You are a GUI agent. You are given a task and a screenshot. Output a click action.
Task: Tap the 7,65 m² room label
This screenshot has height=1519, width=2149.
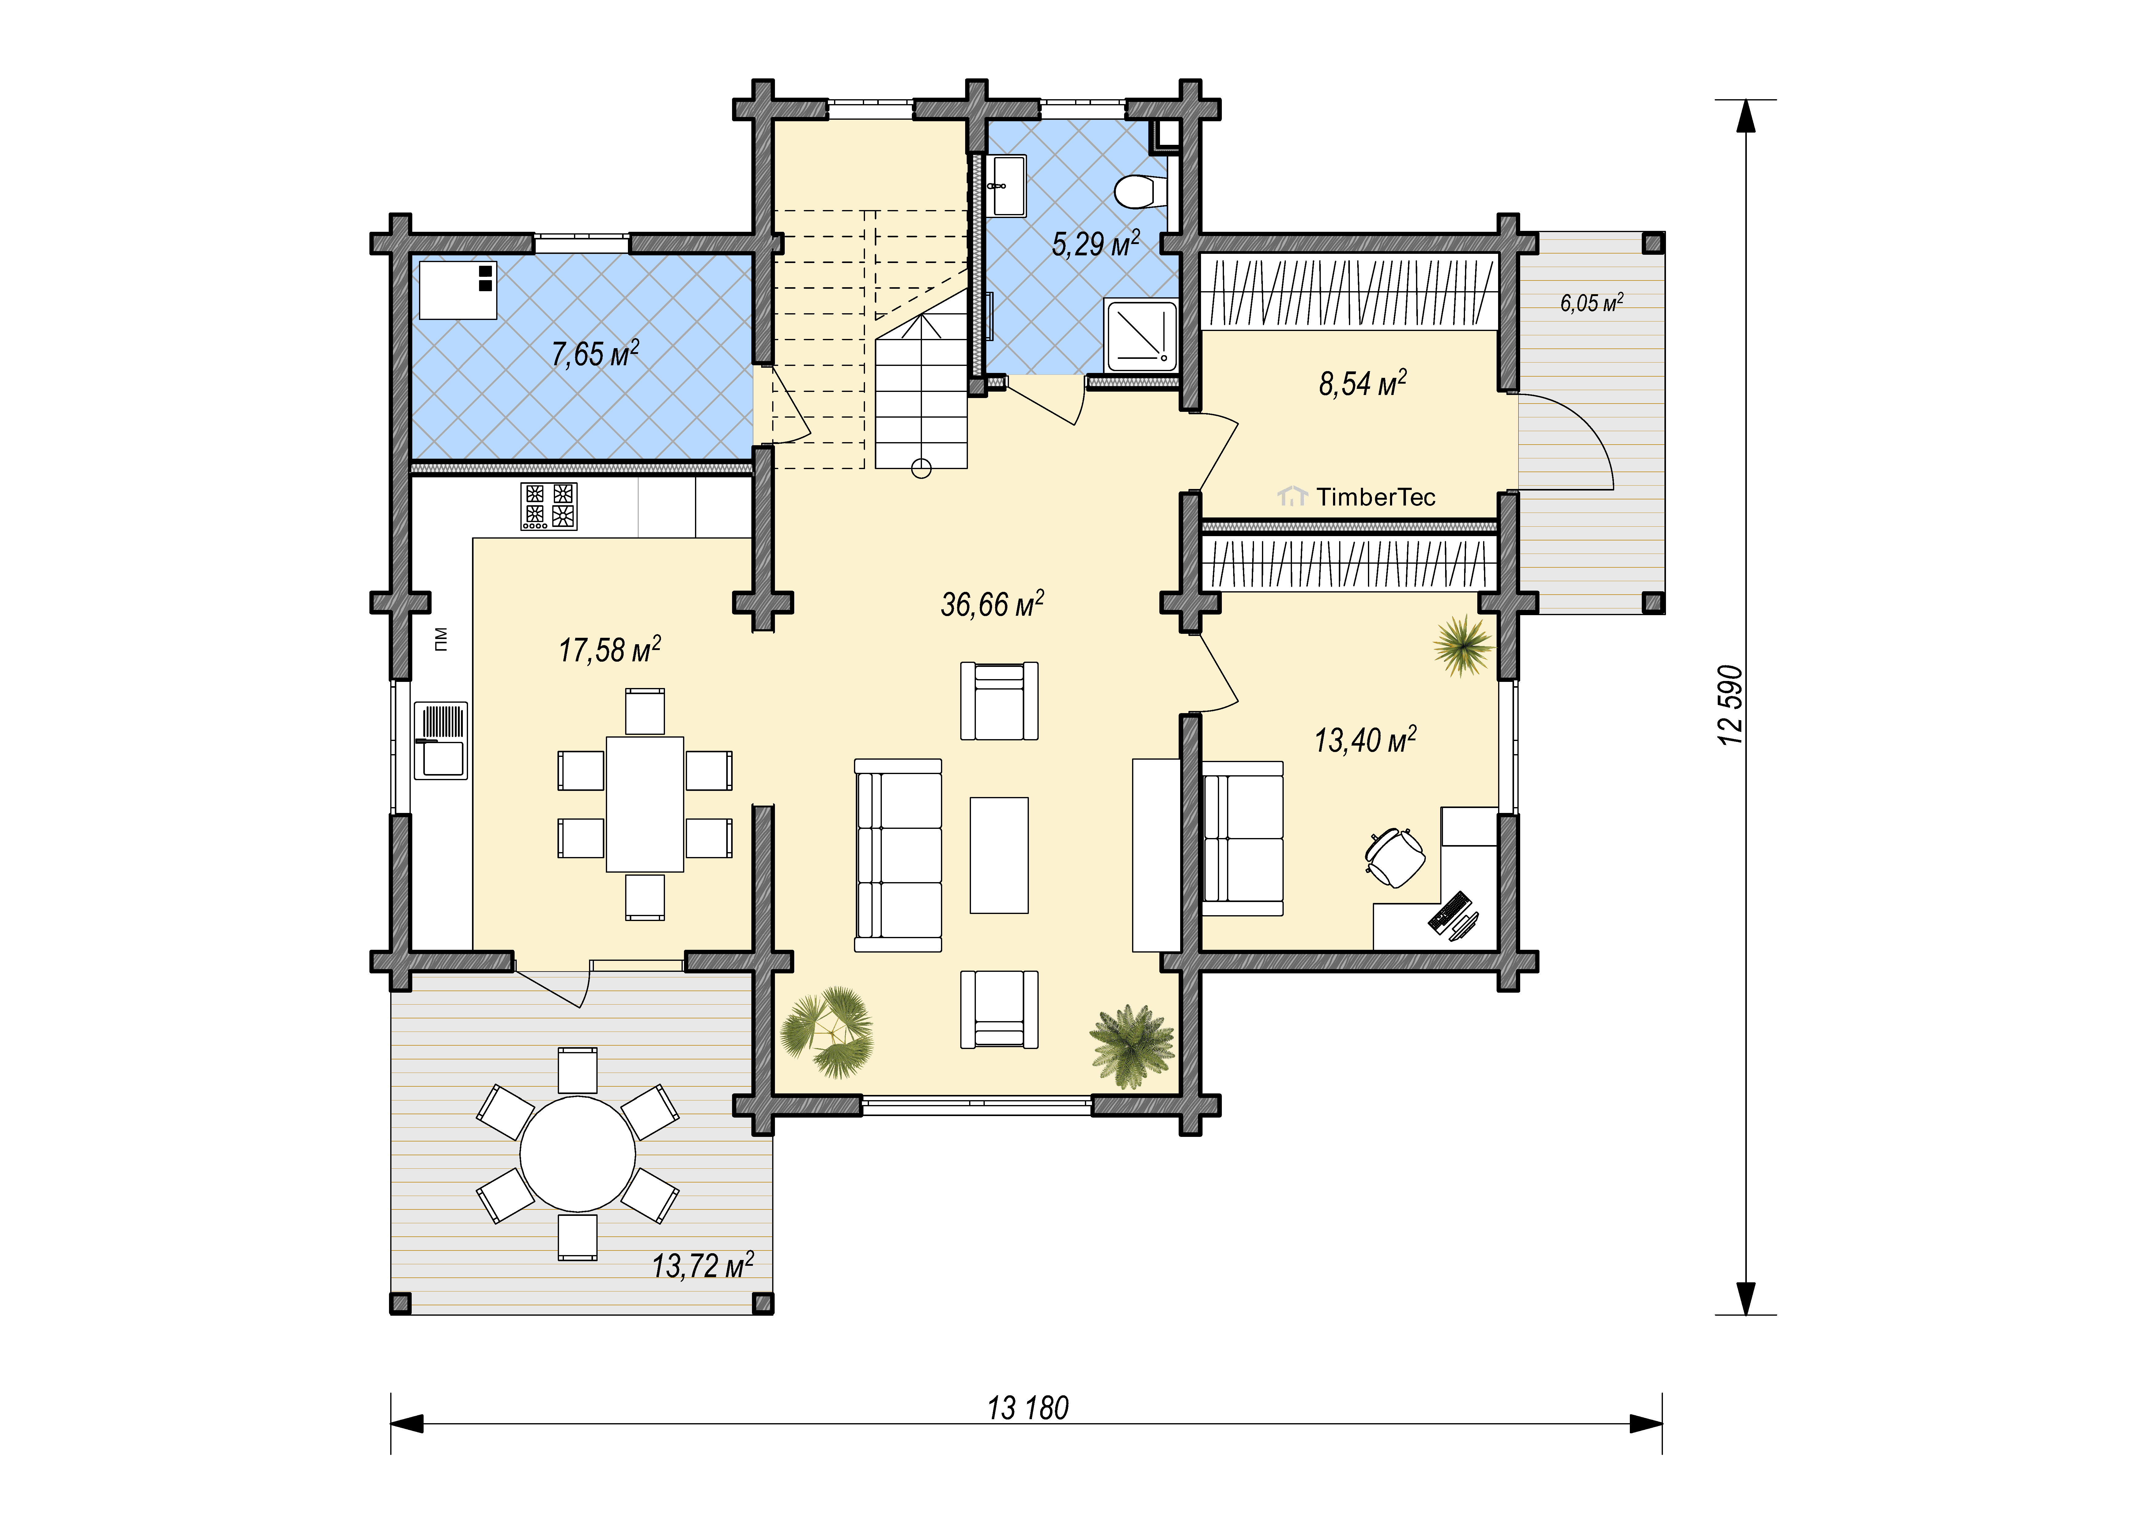[x=595, y=354]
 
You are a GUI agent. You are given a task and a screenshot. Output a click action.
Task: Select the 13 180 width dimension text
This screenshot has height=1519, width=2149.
[x=1028, y=1408]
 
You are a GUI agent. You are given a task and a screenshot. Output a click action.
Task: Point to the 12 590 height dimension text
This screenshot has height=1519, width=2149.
[x=1732, y=705]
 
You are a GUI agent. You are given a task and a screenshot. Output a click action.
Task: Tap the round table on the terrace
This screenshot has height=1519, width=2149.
[x=577, y=1154]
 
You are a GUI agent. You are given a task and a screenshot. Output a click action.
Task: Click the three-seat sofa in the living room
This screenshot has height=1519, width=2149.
[x=897, y=855]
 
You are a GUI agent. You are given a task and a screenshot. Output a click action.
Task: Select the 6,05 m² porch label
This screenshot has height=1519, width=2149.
[x=1591, y=302]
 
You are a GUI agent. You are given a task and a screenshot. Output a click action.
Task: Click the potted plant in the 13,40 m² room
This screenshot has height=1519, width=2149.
[x=1462, y=645]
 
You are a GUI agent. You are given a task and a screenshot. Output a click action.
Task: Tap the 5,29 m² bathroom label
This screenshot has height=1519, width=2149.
[x=1095, y=243]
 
